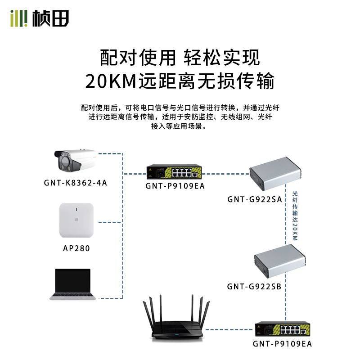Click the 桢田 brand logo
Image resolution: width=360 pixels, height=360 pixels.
click(x=40, y=18)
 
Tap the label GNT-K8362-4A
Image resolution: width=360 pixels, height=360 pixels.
click(x=76, y=183)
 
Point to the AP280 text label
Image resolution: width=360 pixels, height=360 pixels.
click(x=76, y=247)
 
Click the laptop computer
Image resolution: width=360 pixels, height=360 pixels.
click(x=73, y=284)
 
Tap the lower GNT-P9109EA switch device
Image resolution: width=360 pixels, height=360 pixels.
click(x=281, y=331)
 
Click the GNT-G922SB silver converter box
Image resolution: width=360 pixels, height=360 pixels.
click(x=279, y=263)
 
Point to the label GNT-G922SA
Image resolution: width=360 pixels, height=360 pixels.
click(x=255, y=199)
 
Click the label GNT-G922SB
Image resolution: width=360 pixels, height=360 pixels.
click(x=255, y=286)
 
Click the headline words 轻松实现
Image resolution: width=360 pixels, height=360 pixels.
click(x=222, y=57)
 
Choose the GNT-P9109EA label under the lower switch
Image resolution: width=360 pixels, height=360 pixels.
click(x=282, y=344)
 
